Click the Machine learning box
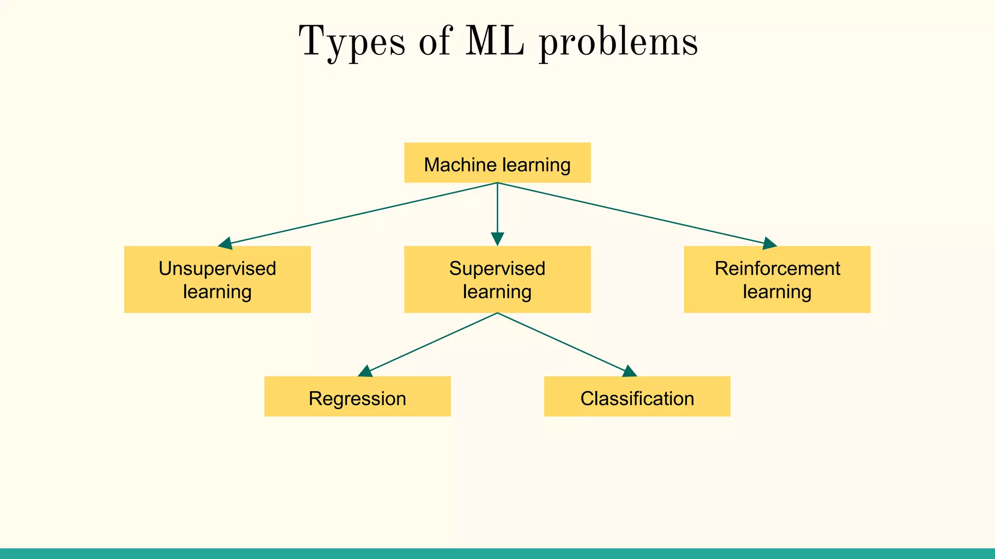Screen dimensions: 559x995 497,163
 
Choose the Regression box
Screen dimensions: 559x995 357,396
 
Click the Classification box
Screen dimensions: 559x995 637,396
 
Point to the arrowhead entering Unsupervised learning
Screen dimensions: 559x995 225,244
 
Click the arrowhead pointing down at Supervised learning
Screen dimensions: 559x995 497,239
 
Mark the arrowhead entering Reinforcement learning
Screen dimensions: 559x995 769,244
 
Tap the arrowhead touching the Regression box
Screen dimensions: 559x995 365,372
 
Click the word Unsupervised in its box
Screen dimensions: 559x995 217,268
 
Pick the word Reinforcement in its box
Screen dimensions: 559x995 777,268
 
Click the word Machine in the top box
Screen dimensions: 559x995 455,165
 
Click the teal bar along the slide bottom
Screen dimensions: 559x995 497,554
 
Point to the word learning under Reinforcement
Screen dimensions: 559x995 777,292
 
